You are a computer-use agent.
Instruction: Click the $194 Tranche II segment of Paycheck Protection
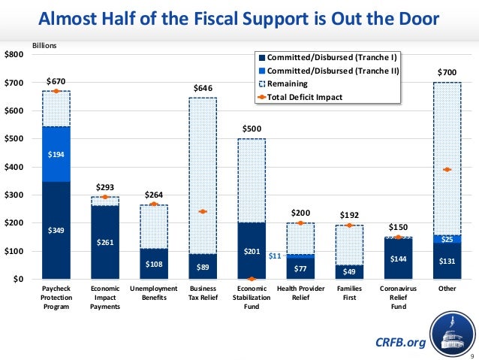coord(56,154)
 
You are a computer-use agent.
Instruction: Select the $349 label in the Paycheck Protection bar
coord(56,230)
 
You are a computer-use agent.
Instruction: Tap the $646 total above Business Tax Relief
coord(203,89)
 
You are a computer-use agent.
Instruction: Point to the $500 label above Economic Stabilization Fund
coord(252,129)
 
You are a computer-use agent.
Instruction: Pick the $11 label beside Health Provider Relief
coord(275,256)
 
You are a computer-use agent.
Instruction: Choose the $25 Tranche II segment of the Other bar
coord(447,239)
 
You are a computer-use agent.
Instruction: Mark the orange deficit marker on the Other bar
coord(447,169)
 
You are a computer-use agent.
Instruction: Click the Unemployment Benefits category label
coord(154,293)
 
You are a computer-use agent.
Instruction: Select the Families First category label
coord(349,293)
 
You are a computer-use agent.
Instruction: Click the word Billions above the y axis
coord(44,46)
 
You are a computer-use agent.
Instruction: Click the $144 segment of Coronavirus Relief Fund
coord(398,258)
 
